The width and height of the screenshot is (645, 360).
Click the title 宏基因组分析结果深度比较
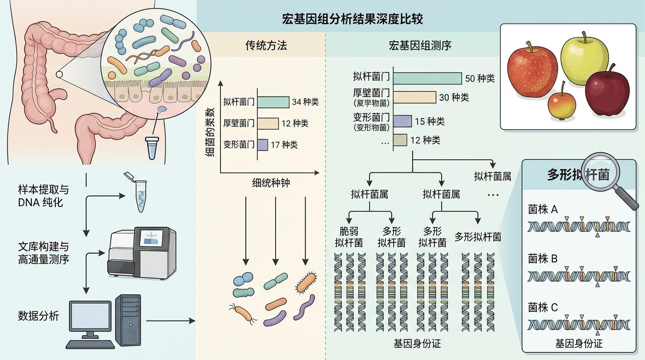pyautogui.click(x=352, y=19)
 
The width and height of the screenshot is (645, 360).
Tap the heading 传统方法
pyautogui.click(x=266, y=45)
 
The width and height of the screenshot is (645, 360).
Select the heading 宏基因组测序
pyautogui.click(x=413, y=45)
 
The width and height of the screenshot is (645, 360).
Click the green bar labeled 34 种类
pyautogui.click(x=273, y=102)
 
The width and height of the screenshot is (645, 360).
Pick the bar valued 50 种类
pyautogui.click(x=427, y=78)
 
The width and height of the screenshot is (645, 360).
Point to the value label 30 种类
pyautogui.click(x=454, y=97)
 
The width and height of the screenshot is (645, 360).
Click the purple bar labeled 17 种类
pyautogui.click(x=262, y=145)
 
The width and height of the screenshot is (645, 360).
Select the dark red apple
pyautogui.click(x=607, y=94)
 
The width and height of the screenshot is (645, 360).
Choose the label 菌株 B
pyautogui.click(x=543, y=258)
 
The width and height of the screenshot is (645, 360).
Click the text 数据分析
pyautogui.click(x=38, y=316)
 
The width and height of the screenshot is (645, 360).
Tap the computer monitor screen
pyautogui.click(x=90, y=316)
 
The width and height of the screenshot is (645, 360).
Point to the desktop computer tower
pyautogui.click(x=127, y=320)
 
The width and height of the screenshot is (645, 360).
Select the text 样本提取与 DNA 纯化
pyautogui.click(x=43, y=196)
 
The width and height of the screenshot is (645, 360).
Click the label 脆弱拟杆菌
pyautogui.click(x=349, y=237)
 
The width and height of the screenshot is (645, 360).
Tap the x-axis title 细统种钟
pyautogui.click(x=270, y=183)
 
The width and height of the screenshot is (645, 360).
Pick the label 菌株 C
pyautogui.click(x=543, y=307)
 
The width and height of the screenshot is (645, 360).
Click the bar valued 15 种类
pyautogui.click(x=402, y=121)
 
